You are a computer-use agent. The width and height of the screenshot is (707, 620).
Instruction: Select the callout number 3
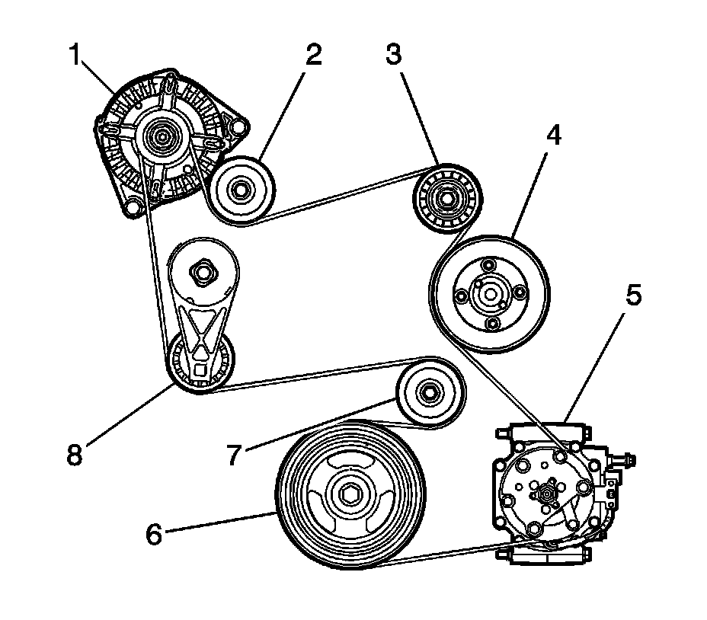393,54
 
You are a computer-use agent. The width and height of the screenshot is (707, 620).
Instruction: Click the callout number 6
155,535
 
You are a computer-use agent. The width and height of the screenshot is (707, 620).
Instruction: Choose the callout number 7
235,455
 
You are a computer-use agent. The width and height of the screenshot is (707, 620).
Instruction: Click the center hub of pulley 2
239,190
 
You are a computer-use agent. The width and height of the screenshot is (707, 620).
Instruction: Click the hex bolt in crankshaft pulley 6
351,497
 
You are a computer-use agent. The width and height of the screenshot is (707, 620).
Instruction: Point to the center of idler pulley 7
430,394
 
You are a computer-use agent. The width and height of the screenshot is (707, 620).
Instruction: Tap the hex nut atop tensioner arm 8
203,270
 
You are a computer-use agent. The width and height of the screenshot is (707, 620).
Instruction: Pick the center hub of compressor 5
546,494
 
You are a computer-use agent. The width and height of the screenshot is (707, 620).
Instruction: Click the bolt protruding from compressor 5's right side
629,459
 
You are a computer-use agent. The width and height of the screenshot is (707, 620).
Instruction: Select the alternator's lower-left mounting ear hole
133,204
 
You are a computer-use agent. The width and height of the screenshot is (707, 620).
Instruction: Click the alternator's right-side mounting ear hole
239,126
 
